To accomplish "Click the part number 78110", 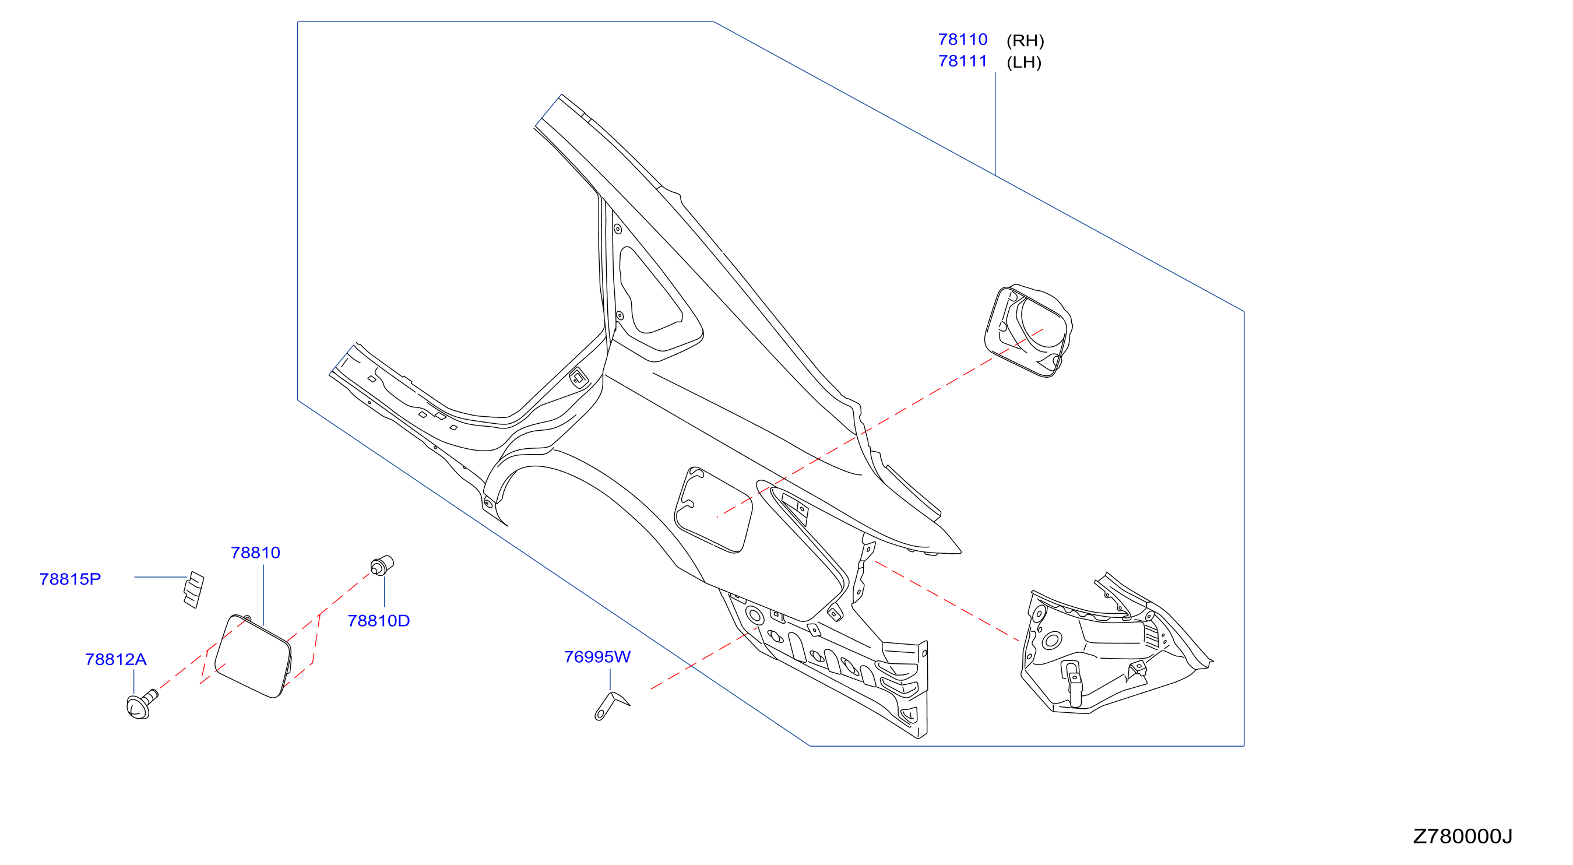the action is tap(962, 40).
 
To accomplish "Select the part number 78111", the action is tap(962, 61).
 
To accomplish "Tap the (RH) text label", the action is tap(1025, 41).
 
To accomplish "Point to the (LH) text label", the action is tap(1024, 62).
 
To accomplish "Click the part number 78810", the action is tap(255, 553).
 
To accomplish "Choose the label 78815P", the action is tap(70, 579).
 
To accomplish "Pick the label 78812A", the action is tap(115, 660).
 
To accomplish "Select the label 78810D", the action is tap(379, 621).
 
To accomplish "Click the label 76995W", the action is tap(597, 657).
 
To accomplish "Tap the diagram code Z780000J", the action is tap(1462, 836).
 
